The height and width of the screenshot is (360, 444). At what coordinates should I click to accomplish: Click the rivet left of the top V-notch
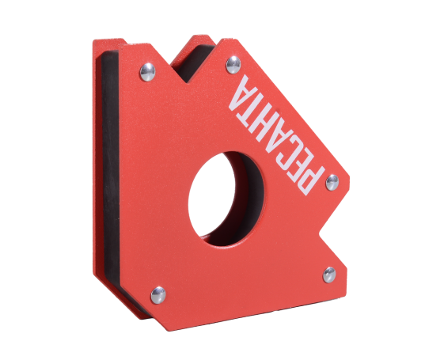[147, 72]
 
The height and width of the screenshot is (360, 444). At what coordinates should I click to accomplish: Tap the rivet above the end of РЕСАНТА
[233, 65]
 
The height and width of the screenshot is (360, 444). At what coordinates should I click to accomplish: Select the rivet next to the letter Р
[332, 183]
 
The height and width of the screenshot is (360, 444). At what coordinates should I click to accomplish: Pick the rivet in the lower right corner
[329, 275]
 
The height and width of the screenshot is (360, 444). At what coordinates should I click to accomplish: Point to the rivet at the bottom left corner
[158, 295]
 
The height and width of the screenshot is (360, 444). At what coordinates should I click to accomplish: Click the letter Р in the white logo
[309, 179]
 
